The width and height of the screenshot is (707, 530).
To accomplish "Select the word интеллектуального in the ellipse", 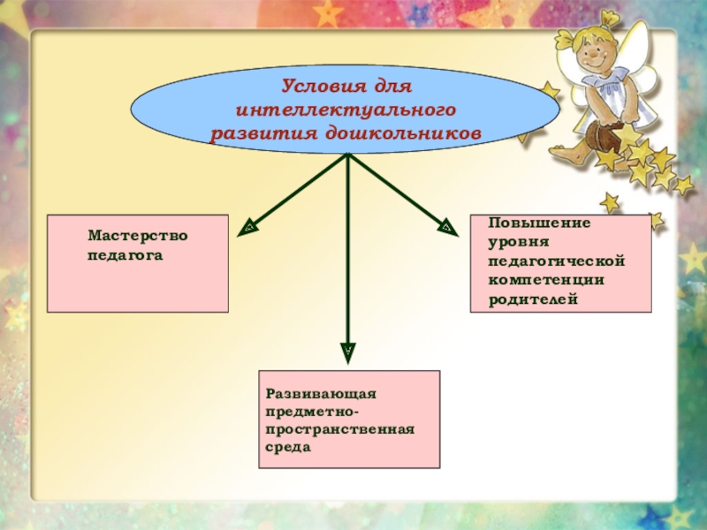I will point(346,110).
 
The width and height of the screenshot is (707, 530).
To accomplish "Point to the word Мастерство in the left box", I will point(137,236).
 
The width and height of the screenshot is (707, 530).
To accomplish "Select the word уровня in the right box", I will point(520,242).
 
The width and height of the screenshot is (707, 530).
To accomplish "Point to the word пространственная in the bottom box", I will point(339,429).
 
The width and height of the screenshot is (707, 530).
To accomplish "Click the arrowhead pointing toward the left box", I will point(248,230).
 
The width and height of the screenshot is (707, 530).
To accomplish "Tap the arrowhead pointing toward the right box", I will point(448,229).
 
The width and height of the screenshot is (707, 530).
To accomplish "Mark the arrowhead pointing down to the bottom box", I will point(348,351).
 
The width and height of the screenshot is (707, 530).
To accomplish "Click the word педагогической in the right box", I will point(557,261).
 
